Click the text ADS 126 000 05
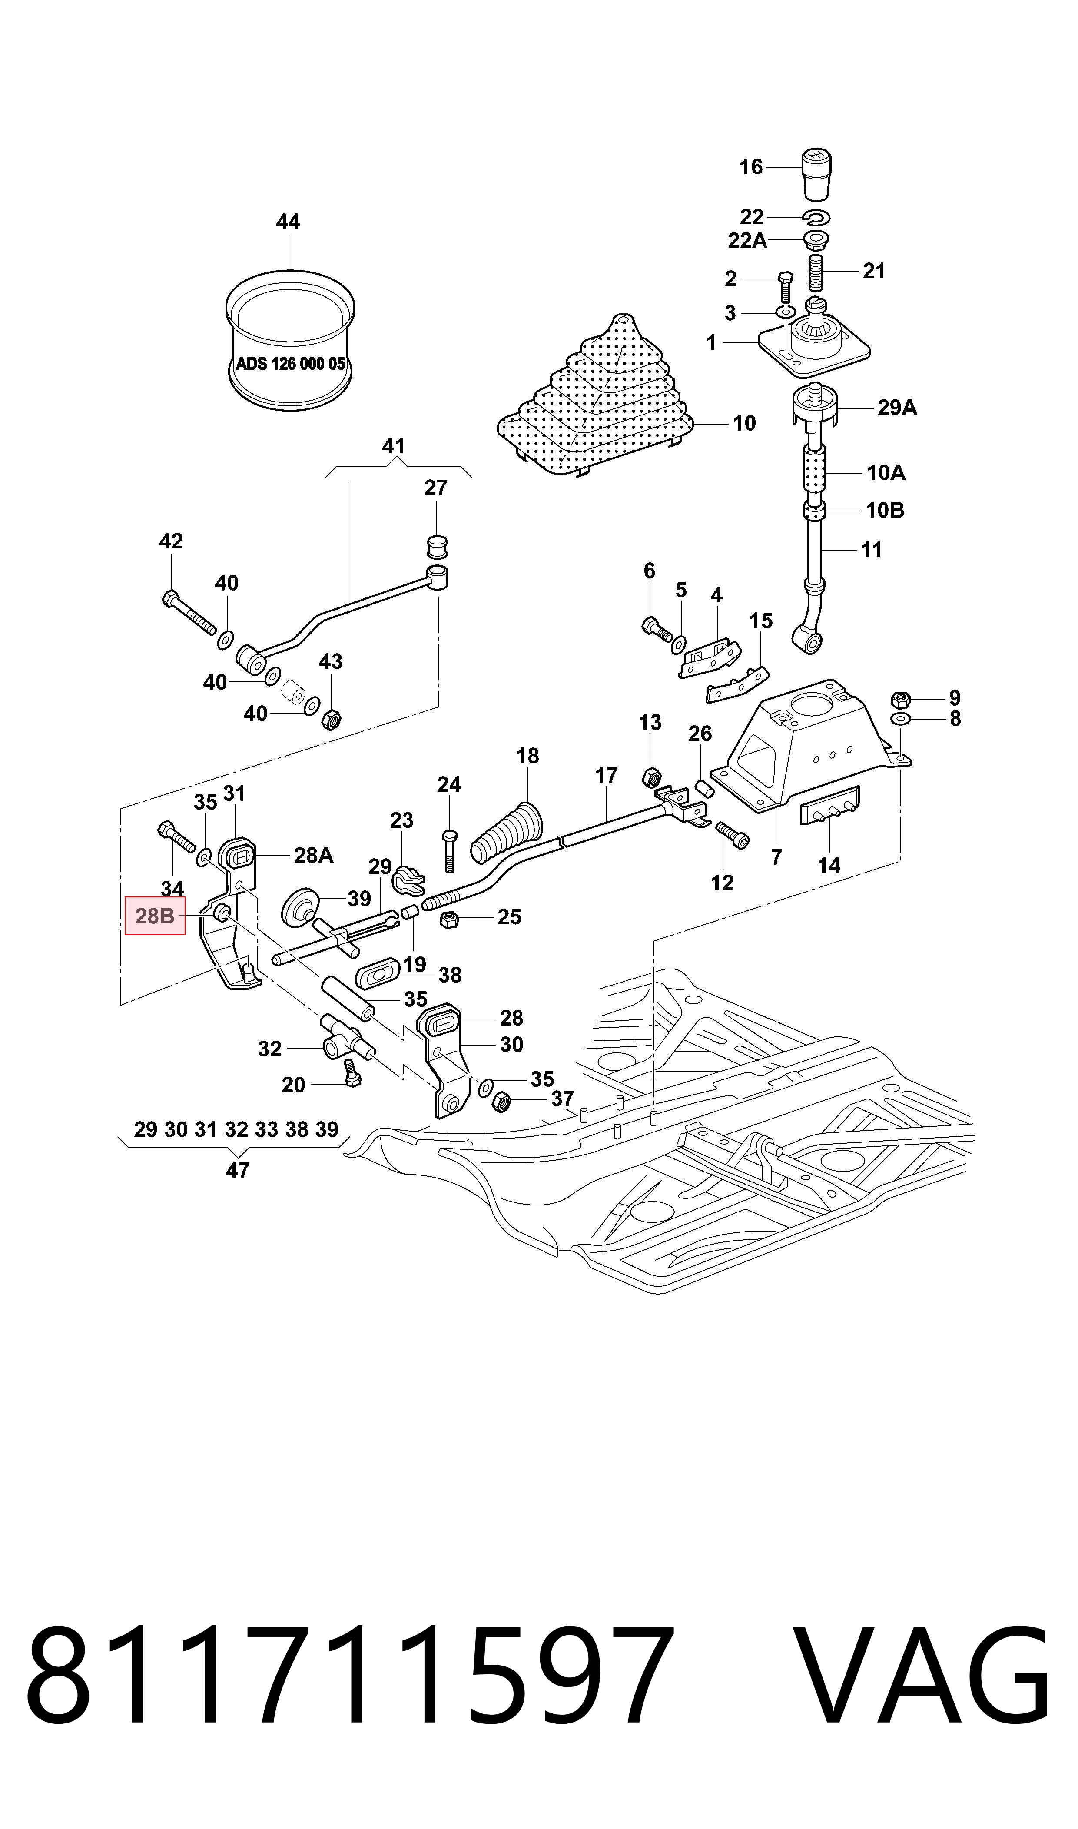tap(291, 364)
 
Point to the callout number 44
tap(289, 222)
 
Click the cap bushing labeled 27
tap(436, 544)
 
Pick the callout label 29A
tap(897, 408)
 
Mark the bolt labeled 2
tap(785, 289)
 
